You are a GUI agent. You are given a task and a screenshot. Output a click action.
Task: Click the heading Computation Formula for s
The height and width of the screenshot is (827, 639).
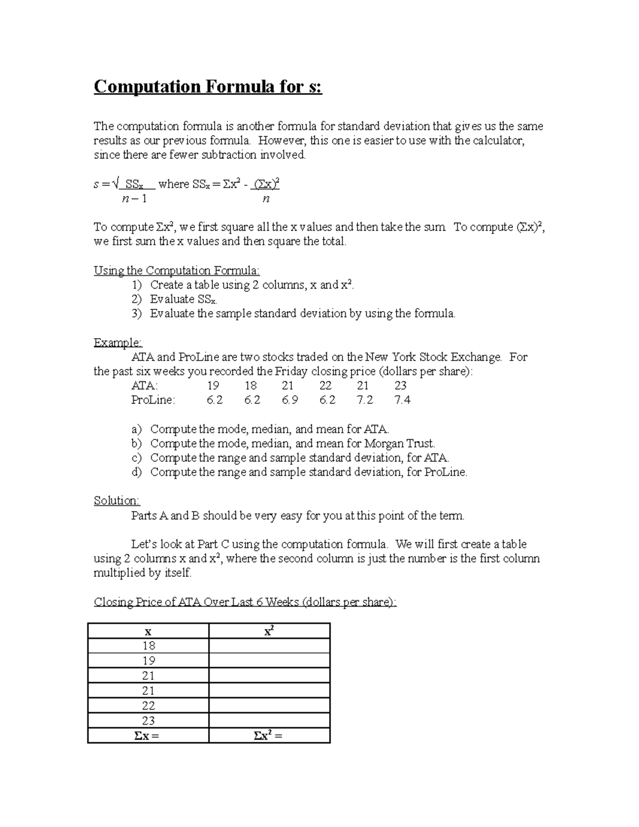(x=208, y=86)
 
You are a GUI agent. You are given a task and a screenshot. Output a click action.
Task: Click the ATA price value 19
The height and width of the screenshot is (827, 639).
(x=212, y=386)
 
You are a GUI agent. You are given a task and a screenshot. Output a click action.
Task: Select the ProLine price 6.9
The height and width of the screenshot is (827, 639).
(x=290, y=400)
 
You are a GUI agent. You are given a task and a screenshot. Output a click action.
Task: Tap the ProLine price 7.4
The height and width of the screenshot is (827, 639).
(x=402, y=400)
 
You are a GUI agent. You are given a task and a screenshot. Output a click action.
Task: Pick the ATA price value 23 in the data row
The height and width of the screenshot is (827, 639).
(x=400, y=386)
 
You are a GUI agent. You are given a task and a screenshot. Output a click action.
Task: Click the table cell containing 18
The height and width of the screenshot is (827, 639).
(x=149, y=646)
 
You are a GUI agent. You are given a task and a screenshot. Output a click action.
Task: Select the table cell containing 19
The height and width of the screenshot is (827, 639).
(x=149, y=661)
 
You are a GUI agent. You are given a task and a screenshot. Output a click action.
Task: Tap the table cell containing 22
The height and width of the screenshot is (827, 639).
(x=149, y=706)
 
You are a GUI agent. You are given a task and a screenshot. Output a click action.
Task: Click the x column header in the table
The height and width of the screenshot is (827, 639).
(x=149, y=632)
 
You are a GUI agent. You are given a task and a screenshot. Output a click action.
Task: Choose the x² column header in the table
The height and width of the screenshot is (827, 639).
(x=269, y=631)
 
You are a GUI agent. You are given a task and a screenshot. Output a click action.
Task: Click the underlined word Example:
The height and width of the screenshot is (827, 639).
(x=118, y=342)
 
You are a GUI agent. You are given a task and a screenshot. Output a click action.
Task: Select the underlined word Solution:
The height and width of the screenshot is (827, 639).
(x=117, y=501)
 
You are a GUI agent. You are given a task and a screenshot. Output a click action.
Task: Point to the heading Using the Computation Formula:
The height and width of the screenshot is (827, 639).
(x=176, y=271)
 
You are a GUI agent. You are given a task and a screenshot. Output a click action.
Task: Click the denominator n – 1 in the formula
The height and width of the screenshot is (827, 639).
(x=134, y=199)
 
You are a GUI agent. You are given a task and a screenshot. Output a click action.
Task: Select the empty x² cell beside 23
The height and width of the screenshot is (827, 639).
(x=269, y=720)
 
